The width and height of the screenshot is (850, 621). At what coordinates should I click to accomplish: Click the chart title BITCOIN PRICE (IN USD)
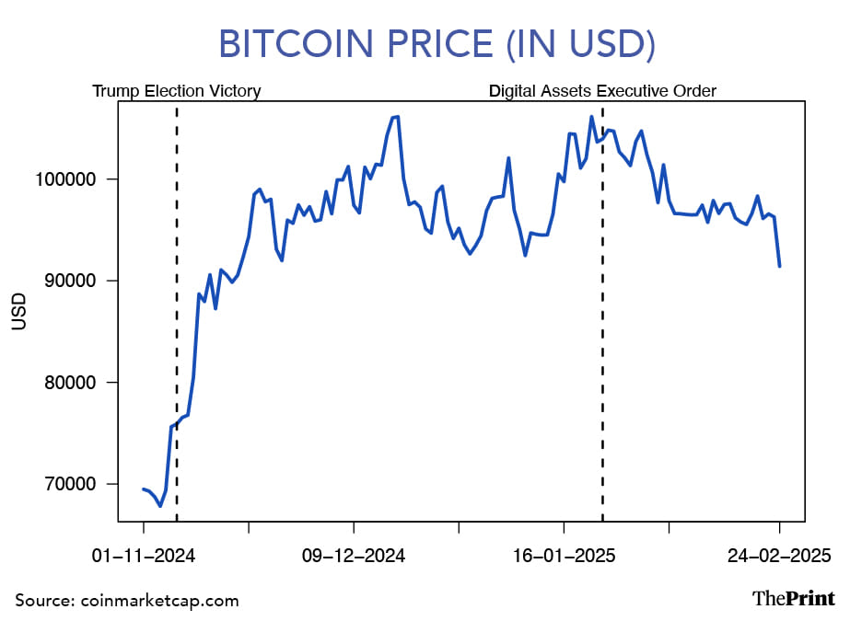[424, 44]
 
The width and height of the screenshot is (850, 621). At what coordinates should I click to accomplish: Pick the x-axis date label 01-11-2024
[144, 557]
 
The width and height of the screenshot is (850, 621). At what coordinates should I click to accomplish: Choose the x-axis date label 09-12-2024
[354, 557]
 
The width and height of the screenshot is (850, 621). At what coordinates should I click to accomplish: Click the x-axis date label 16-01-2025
[564, 557]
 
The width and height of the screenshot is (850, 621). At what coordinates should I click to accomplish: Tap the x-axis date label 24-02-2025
[779, 557]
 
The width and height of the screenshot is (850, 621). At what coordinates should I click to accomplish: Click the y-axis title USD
[19, 312]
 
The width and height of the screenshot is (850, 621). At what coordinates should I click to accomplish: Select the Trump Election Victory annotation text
[177, 91]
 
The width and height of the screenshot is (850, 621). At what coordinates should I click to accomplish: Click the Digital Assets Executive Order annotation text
[602, 91]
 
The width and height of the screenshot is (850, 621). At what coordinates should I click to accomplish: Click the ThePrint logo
[793, 598]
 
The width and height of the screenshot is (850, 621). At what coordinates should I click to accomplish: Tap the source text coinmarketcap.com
[127, 601]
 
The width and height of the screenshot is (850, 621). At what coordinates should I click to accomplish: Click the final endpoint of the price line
[780, 266]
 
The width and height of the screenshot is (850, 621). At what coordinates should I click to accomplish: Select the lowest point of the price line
[160, 506]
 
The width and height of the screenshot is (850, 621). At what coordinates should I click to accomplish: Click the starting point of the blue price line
[144, 489]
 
